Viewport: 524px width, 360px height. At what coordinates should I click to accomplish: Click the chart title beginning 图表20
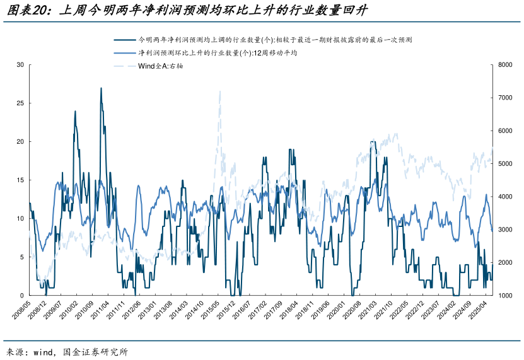189,11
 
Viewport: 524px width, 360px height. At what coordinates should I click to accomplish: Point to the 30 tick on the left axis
20,65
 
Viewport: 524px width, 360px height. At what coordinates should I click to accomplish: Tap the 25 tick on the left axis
20,103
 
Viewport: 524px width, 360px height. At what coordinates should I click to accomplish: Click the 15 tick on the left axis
20,180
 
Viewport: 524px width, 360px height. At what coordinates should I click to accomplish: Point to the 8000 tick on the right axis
504,65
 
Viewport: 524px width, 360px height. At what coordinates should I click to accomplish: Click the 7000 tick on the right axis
504,98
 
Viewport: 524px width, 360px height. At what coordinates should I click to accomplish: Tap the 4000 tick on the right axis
504,197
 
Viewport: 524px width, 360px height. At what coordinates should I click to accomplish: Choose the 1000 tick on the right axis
504,296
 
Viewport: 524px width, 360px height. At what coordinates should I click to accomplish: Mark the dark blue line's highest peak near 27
101,88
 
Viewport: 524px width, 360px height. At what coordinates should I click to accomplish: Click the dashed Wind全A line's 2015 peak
220,91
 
